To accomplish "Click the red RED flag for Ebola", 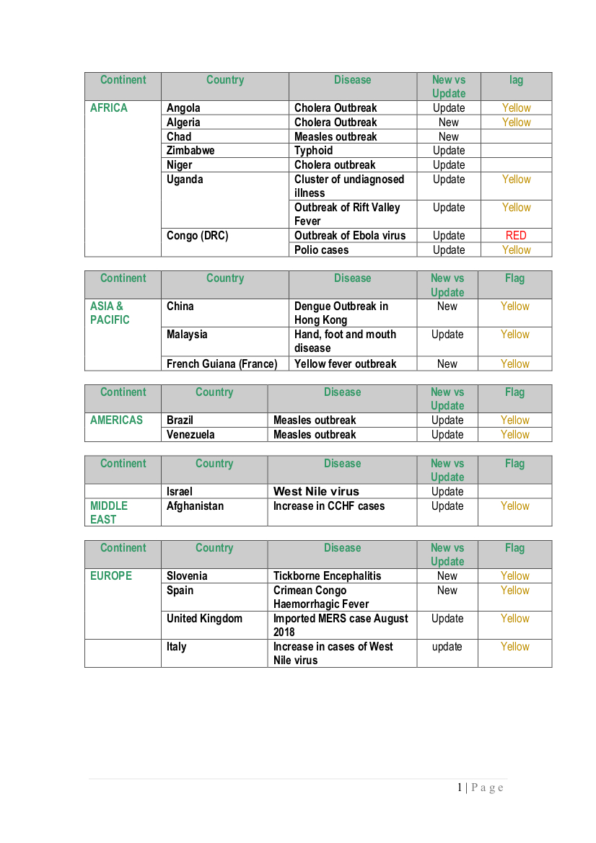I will [516, 236].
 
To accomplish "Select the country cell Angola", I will [183, 108].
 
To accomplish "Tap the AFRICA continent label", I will [109, 108].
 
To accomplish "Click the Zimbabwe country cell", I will [190, 151].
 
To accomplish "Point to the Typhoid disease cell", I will [314, 151].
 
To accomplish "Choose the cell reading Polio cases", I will [321, 250].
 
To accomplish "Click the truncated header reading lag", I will [516, 80].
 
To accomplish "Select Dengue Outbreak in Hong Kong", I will [341, 313].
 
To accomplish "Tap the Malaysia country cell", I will [187, 335].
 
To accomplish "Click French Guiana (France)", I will [222, 364].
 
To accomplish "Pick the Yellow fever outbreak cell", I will [345, 364].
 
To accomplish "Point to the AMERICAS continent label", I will [116, 420].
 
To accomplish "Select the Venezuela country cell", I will [190, 435].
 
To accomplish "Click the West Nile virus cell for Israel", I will [316, 492].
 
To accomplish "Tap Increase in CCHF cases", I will [329, 506].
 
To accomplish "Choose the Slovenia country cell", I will [187, 576].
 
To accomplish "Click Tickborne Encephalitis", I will [327, 576].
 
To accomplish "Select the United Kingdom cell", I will [204, 619].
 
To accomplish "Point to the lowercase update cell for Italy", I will [447, 647].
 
